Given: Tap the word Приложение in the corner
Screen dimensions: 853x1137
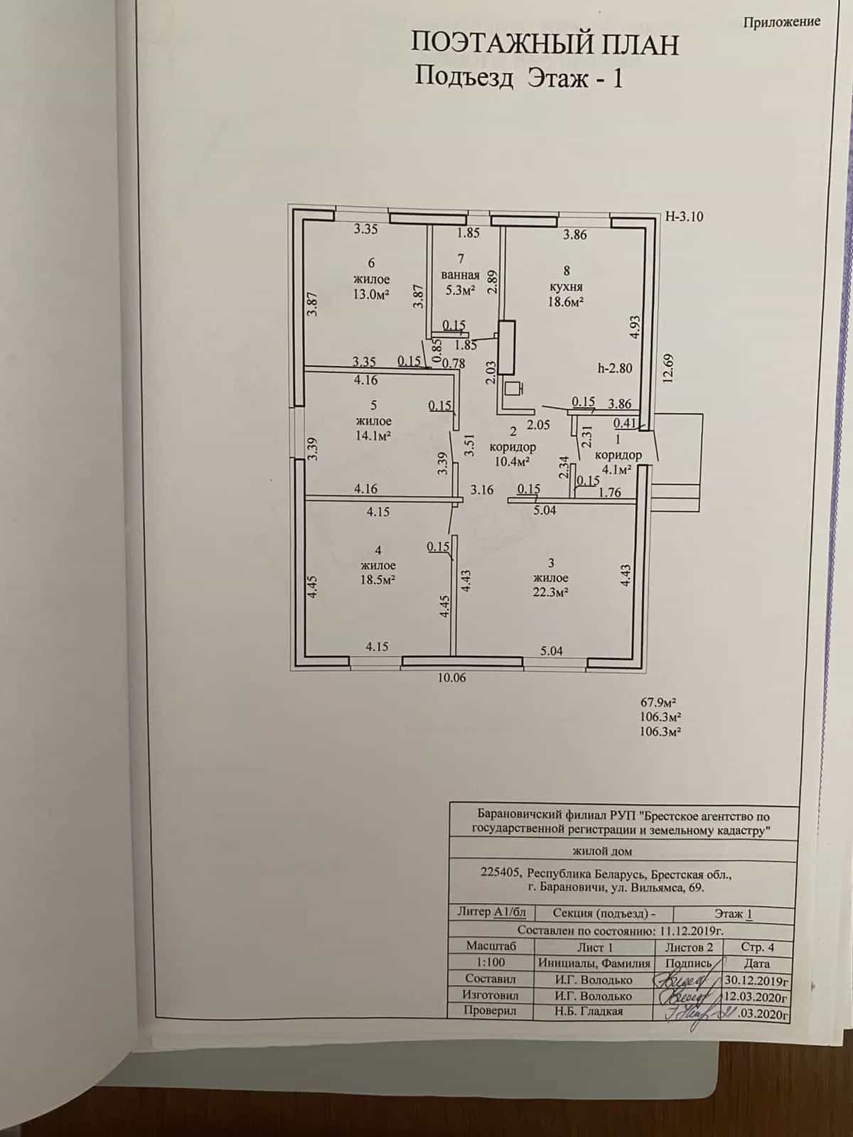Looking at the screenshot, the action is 781,21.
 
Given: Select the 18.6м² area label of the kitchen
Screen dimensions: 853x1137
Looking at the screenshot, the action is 566,301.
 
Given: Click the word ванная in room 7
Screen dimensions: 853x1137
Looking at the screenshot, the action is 461,275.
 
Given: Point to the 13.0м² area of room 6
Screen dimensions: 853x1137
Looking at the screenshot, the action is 371,293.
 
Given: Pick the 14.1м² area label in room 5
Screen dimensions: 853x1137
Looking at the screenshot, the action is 373,435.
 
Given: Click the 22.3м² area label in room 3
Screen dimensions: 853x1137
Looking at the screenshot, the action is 550,592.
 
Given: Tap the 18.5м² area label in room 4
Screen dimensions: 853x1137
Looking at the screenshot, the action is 377,579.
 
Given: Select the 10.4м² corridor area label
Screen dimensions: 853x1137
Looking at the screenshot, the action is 512,461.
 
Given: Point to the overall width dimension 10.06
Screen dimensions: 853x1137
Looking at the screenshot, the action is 451,677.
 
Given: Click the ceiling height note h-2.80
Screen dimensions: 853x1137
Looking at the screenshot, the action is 615,368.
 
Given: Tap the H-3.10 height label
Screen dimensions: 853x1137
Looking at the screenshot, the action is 684,217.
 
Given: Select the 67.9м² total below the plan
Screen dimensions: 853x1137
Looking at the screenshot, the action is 660,702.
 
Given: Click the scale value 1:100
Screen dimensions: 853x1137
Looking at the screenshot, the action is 490,962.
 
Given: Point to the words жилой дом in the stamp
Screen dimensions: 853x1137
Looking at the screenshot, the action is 602,851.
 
